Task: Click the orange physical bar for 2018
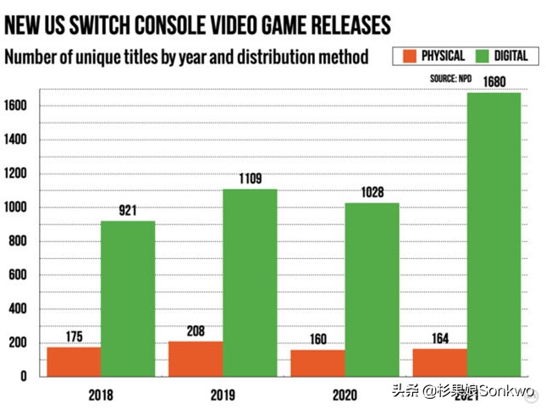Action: pos(74,362)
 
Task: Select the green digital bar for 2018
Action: pos(128,298)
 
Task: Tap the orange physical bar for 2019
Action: pos(196,359)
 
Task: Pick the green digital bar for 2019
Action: pos(250,282)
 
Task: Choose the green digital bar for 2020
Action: pos(372,289)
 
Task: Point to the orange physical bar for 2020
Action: pos(317,363)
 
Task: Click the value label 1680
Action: pos(494,81)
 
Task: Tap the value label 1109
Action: pos(250,179)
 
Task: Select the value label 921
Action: pos(128,211)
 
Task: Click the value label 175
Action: pos(74,337)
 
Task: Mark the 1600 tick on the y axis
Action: pos(16,106)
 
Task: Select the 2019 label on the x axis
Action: pos(222,395)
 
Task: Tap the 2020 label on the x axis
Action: pos(344,395)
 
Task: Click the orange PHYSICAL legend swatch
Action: pos(408,56)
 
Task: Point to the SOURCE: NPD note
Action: pos(450,79)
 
